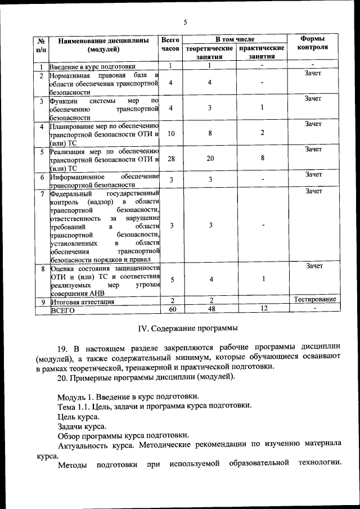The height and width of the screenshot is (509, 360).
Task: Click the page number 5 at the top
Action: coord(184,22)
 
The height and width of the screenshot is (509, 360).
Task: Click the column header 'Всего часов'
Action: coord(170,45)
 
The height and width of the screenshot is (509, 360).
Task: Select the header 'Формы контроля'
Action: coord(312,43)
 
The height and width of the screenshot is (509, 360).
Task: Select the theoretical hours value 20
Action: coord(210,159)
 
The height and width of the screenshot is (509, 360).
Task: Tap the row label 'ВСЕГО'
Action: coord(63,310)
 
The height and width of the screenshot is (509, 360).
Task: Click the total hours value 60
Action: coord(173,309)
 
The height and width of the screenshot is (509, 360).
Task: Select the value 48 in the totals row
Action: coord(209,309)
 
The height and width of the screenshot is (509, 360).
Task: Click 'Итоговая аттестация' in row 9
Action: coord(82,301)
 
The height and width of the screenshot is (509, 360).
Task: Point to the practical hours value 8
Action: coord(262,159)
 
